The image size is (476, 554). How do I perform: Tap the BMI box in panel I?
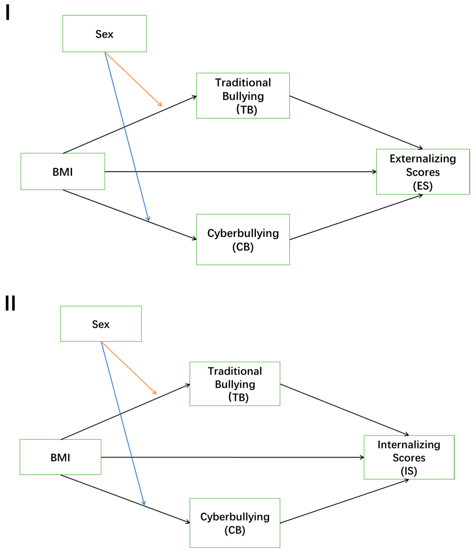coord(63,172)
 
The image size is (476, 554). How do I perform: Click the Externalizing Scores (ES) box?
coord(423,172)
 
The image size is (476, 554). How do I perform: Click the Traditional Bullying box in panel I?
coord(243,96)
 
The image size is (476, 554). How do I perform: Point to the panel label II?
coord(10,303)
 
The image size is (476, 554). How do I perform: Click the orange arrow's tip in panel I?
coord(162,106)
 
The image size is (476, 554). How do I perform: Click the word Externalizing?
coord(423,159)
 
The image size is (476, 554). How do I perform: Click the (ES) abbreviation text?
coord(423,186)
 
